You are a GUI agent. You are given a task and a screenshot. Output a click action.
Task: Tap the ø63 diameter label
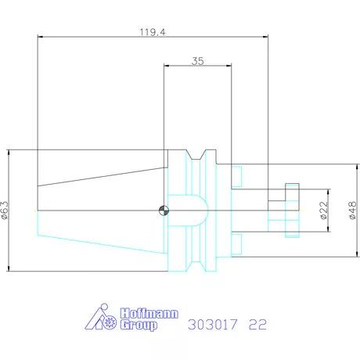click(5, 210)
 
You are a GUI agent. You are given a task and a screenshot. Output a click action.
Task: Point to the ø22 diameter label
click(323, 210)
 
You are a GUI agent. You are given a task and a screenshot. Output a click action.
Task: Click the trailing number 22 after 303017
click(257, 324)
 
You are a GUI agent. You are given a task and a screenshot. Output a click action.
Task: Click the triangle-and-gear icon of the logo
click(101, 318)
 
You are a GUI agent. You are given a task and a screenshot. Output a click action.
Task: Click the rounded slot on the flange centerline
click(191, 209)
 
